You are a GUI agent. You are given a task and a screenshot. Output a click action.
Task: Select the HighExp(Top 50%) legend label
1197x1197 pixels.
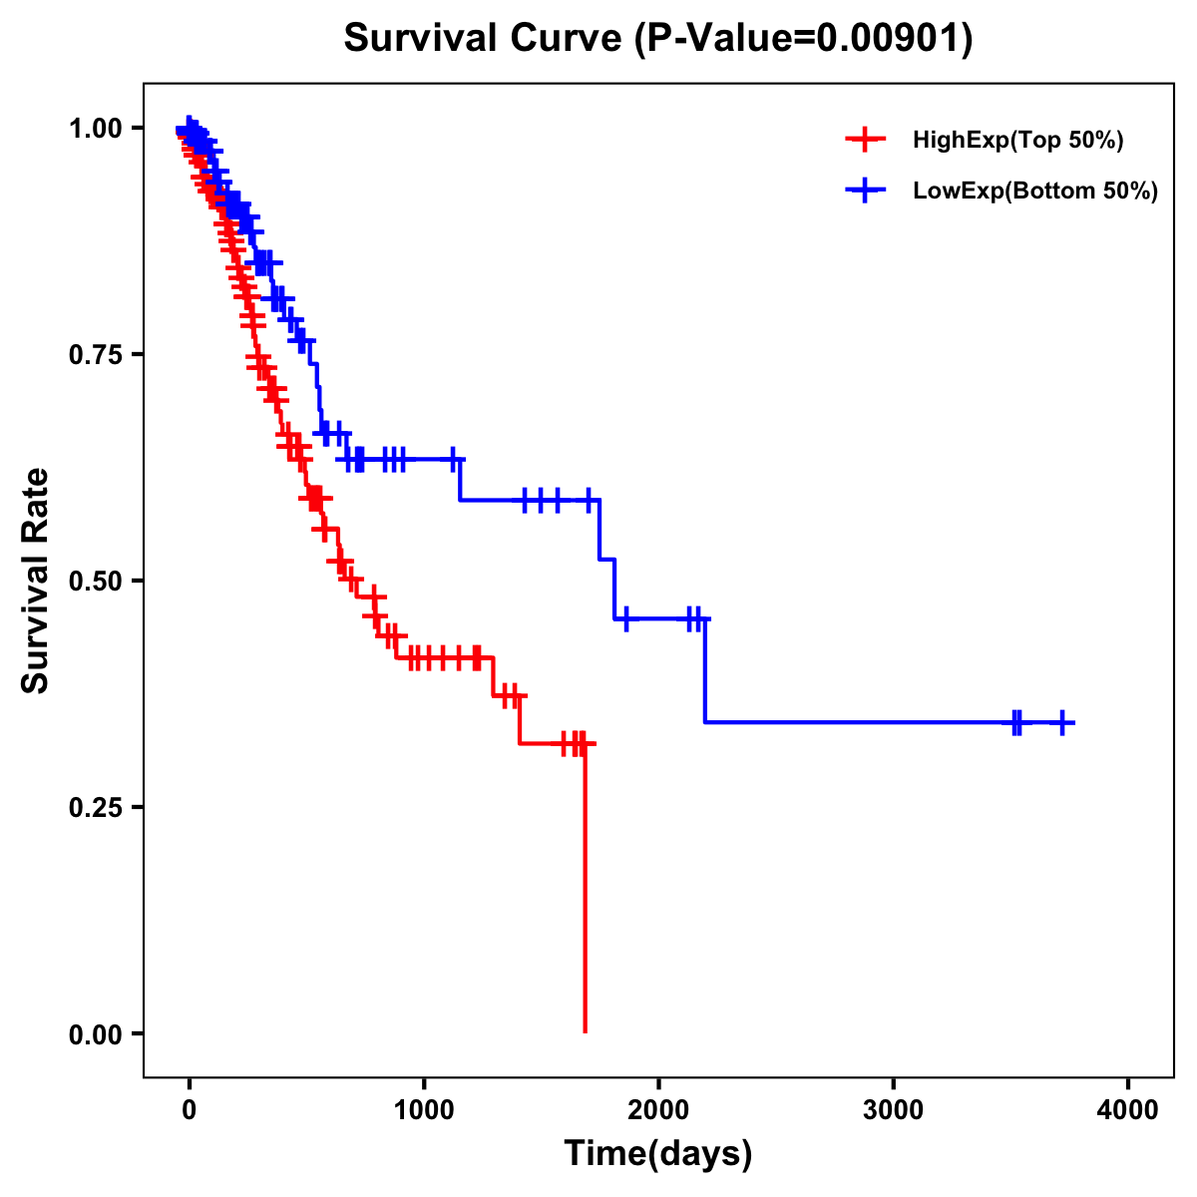pos(1017,140)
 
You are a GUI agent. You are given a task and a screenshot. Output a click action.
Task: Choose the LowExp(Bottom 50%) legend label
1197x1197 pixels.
pos(1035,191)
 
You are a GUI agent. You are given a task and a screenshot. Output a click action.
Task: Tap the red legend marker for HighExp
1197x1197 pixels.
pos(865,140)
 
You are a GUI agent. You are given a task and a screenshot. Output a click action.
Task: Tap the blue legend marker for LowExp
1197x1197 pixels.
pos(865,191)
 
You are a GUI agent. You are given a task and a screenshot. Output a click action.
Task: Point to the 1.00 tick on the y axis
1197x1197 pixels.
pos(95,128)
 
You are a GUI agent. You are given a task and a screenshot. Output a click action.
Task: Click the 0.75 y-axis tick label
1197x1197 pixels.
pos(95,354)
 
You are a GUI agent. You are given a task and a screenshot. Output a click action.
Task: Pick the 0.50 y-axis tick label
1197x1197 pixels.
pos(95,581)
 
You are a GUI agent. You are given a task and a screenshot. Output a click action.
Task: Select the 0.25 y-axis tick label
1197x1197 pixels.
pos(95,807)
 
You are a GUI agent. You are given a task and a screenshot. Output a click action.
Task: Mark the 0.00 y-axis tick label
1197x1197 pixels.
pos(95,1033)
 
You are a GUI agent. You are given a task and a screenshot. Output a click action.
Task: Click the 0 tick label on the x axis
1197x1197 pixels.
pos(190,1110)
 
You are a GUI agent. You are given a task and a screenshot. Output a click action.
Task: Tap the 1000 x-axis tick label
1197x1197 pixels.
pos(424,1110)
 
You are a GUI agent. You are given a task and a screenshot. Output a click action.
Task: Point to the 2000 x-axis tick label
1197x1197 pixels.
pos(658,1110)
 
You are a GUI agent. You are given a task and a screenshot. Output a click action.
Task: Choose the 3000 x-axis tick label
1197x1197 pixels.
pos(893,1110)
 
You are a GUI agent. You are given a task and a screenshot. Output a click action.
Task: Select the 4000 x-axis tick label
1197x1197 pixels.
pos(1128,1110)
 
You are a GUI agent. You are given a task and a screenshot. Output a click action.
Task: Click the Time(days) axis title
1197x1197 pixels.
pos(658,1154)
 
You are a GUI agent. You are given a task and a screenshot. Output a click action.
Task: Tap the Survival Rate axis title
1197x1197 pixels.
pos(36,581)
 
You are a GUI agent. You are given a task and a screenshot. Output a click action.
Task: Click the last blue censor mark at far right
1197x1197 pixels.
pos(1063,722)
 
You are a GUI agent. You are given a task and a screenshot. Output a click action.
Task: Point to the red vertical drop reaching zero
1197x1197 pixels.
pos(585,898)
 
